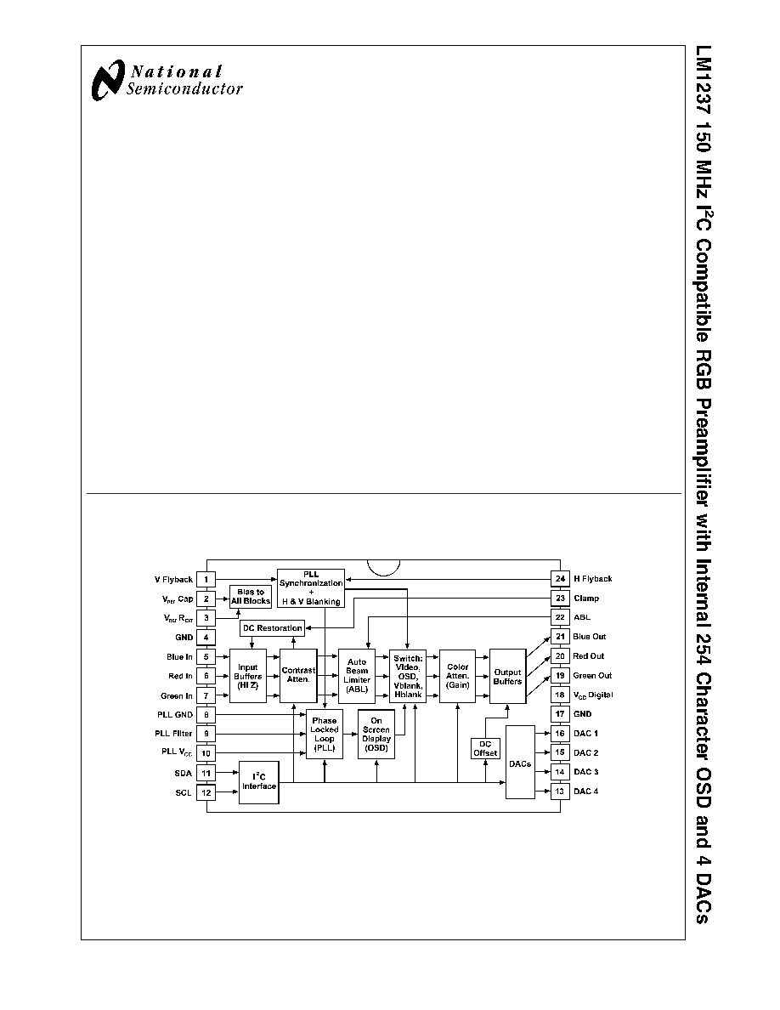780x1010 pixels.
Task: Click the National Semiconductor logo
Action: (167, 81)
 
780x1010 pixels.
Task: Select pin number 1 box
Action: (206, 580)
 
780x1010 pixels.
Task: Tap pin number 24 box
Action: (560, 579)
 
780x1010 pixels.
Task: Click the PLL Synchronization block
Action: (311, 588)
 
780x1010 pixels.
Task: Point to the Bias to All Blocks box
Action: (251, 597)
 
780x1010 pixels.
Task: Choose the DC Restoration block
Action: (272, 628)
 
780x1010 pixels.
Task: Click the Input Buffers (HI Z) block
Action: (248, 676)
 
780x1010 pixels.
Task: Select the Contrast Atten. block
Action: (298, 676)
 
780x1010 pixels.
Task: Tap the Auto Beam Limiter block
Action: (357, 676)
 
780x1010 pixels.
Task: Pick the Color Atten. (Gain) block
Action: (458, 676)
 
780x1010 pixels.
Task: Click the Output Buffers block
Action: (508, 676)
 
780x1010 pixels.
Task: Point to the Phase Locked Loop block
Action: (325, 735)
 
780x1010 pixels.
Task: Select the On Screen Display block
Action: (376, 735)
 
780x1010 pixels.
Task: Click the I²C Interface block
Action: (258, 782)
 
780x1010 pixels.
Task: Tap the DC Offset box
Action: (485, 748)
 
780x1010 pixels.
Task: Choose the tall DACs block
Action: (520, 763)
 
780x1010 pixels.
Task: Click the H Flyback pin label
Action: (593, 579)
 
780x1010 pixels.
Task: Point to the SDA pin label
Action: (183, 773)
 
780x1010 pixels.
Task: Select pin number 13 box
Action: (560, 791)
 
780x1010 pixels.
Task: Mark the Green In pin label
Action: (177, 696)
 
